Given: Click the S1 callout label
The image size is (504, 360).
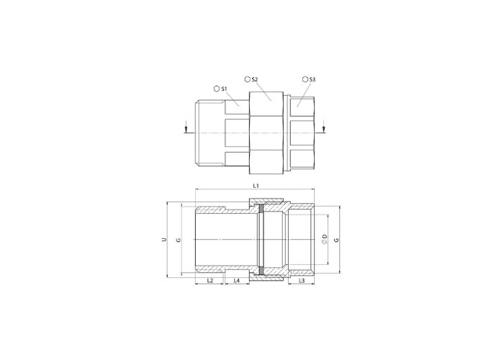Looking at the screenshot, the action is coord(224,89).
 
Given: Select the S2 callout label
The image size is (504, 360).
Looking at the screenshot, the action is coord(255,79).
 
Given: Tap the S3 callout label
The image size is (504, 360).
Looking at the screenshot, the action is coord(312,79).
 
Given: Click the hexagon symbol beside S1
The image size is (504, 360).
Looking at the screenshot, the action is coord(217,89).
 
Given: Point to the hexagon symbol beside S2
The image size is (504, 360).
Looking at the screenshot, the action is coord(247,79).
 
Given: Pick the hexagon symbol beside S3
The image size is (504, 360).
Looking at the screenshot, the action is coord(305,79).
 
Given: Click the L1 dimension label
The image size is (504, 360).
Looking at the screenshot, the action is coord(256,186).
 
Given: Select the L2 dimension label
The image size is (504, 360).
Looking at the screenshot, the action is coord(210,281).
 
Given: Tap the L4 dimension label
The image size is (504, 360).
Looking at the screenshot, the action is coord(237,281).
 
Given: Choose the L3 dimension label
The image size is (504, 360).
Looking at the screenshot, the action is coord(302,281).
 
